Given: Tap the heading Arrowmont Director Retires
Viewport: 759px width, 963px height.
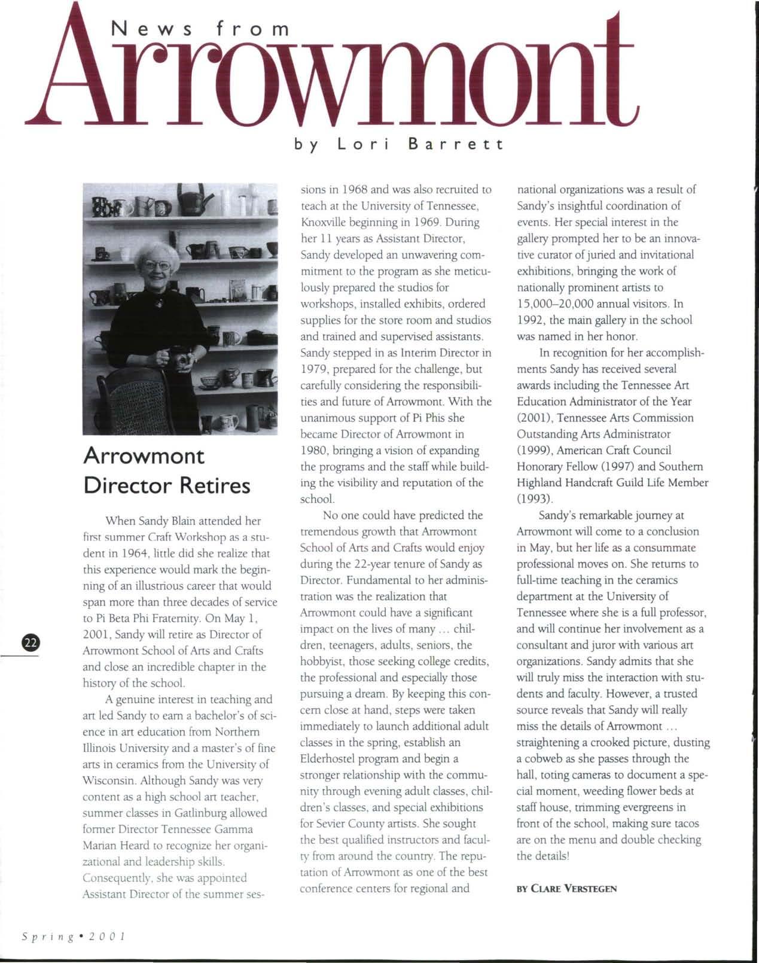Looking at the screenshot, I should pyautogui.click(x=167, y=470).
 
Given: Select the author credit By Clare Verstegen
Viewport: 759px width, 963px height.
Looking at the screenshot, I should pyautogui.click(x=566, y=889).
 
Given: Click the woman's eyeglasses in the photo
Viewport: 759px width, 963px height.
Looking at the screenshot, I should pyautogui.click(x=157, y=265).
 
